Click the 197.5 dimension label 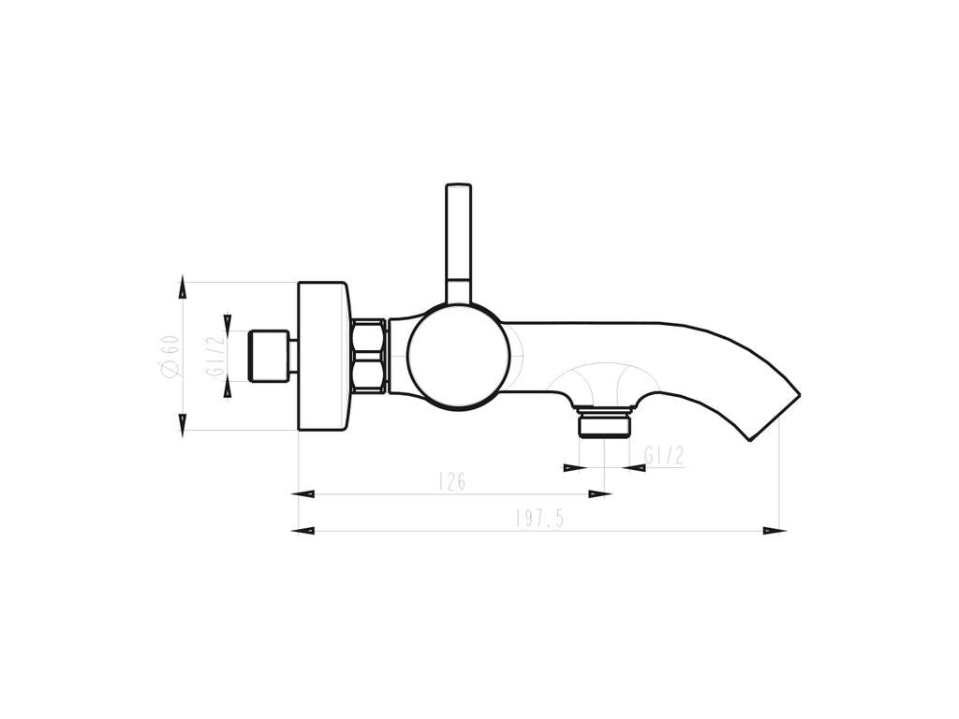(x=539, y=519)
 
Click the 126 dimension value (x=452, y=482)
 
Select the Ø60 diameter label (x=169, y=355)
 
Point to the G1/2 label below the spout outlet (x=664, y=455)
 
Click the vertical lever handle (x=459, y=243)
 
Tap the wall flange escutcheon (x=323, y=356)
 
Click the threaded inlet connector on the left (x=268, y=356)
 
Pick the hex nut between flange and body (x=369, y=355)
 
